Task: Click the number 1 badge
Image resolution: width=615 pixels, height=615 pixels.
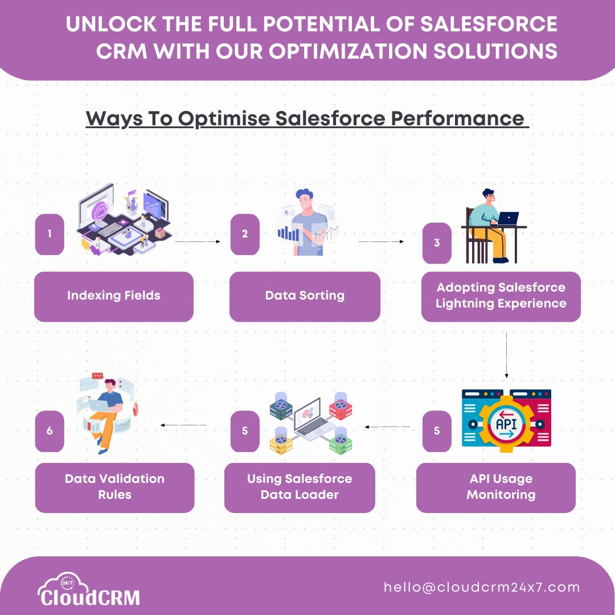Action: coord(50,234)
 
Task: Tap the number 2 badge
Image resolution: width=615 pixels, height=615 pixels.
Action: coord(245,234)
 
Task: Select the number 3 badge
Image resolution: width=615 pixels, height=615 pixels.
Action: coord(437,243)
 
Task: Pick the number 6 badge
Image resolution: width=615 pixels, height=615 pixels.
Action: coord(50,430)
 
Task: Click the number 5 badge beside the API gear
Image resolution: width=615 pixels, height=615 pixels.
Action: coord(437,430)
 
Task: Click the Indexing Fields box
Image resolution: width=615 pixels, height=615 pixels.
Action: coord(114,296)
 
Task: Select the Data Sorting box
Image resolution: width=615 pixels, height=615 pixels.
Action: coord(305,296)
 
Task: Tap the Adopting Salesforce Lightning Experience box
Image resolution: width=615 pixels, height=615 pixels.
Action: coord(501,296)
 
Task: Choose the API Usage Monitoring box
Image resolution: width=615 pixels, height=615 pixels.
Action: coord(496,487)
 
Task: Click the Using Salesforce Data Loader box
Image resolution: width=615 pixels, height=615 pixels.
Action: coord(300,487)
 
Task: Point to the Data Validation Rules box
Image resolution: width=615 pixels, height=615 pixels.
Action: coord(114,487)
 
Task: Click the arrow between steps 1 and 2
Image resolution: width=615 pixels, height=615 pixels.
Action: coord(197,241)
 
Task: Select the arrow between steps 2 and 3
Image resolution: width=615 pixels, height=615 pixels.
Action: coord(381,241)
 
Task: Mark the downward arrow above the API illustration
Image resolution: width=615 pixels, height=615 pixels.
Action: coord(506,355)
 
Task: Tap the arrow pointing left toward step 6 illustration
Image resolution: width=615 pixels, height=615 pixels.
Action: coord(183,425)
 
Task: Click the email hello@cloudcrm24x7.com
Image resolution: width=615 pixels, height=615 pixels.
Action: coord(482,587)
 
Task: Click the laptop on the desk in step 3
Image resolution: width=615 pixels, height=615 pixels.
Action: coord(508,218)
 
